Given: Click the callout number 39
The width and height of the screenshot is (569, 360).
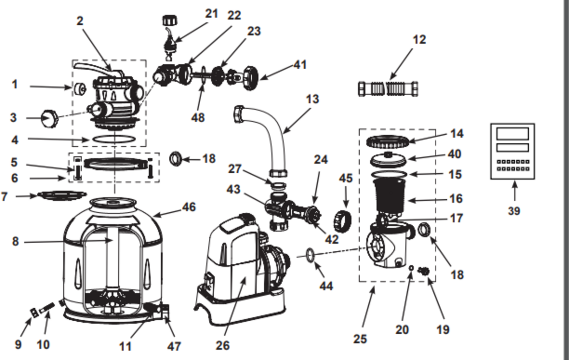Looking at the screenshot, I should pyautogui.click(x=514, y=211).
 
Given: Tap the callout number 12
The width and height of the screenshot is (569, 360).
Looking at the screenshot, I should pyautogui.click(x=419, y=39).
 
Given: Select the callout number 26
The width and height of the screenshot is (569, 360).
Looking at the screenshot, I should pyautogui.click(x=222, y=345).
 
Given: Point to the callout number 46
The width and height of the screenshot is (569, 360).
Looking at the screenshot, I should pyautogui.click(x=189, y=207).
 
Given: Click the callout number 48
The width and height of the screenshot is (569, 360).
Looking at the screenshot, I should pyautogui.click(x=198, y=117).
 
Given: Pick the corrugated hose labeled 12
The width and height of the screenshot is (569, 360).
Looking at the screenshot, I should pyautogui.click(x=388, y=89).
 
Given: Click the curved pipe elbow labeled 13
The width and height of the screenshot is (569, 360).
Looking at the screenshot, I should pyautogui.click(x=271, y=130).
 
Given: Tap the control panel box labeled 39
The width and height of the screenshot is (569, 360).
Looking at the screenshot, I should pyautogui.click(x=512, y=151).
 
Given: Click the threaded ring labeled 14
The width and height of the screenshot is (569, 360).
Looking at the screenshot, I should pyautogui.click(x=388, y=142).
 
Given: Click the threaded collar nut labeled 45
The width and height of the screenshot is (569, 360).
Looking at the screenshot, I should pyautogui.click(x=342, y=220).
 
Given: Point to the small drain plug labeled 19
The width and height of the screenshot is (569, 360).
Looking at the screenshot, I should pyautogui.click(x=424, y=271).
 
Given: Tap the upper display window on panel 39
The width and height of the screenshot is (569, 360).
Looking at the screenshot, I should pyautogui.click(x=512, y=134).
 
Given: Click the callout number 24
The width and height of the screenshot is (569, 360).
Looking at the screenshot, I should pyautogui.click(x=321, y=160).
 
